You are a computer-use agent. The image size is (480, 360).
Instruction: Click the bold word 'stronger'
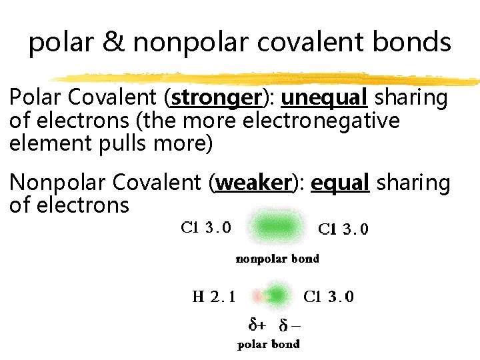tap(215, 98)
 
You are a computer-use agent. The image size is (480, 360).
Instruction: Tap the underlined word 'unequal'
tap(324, 98)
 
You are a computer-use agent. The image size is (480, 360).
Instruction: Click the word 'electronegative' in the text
tap(323, 121)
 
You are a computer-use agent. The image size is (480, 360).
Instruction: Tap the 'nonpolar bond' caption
tap(278, 259)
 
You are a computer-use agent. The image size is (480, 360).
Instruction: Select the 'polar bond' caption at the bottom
tap(269, 344)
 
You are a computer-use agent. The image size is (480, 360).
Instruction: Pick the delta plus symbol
tap(256, 325)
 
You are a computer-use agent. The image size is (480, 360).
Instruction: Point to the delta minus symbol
tap(289, 325)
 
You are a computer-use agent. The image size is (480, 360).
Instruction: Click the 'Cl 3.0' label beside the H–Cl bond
tap(329, 297)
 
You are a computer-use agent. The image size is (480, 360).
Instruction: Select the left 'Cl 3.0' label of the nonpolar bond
tap(206, 227)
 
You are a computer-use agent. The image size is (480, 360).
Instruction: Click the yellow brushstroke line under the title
tap(267, 77)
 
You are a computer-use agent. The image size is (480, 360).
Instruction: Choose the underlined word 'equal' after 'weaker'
tap(340, 183)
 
